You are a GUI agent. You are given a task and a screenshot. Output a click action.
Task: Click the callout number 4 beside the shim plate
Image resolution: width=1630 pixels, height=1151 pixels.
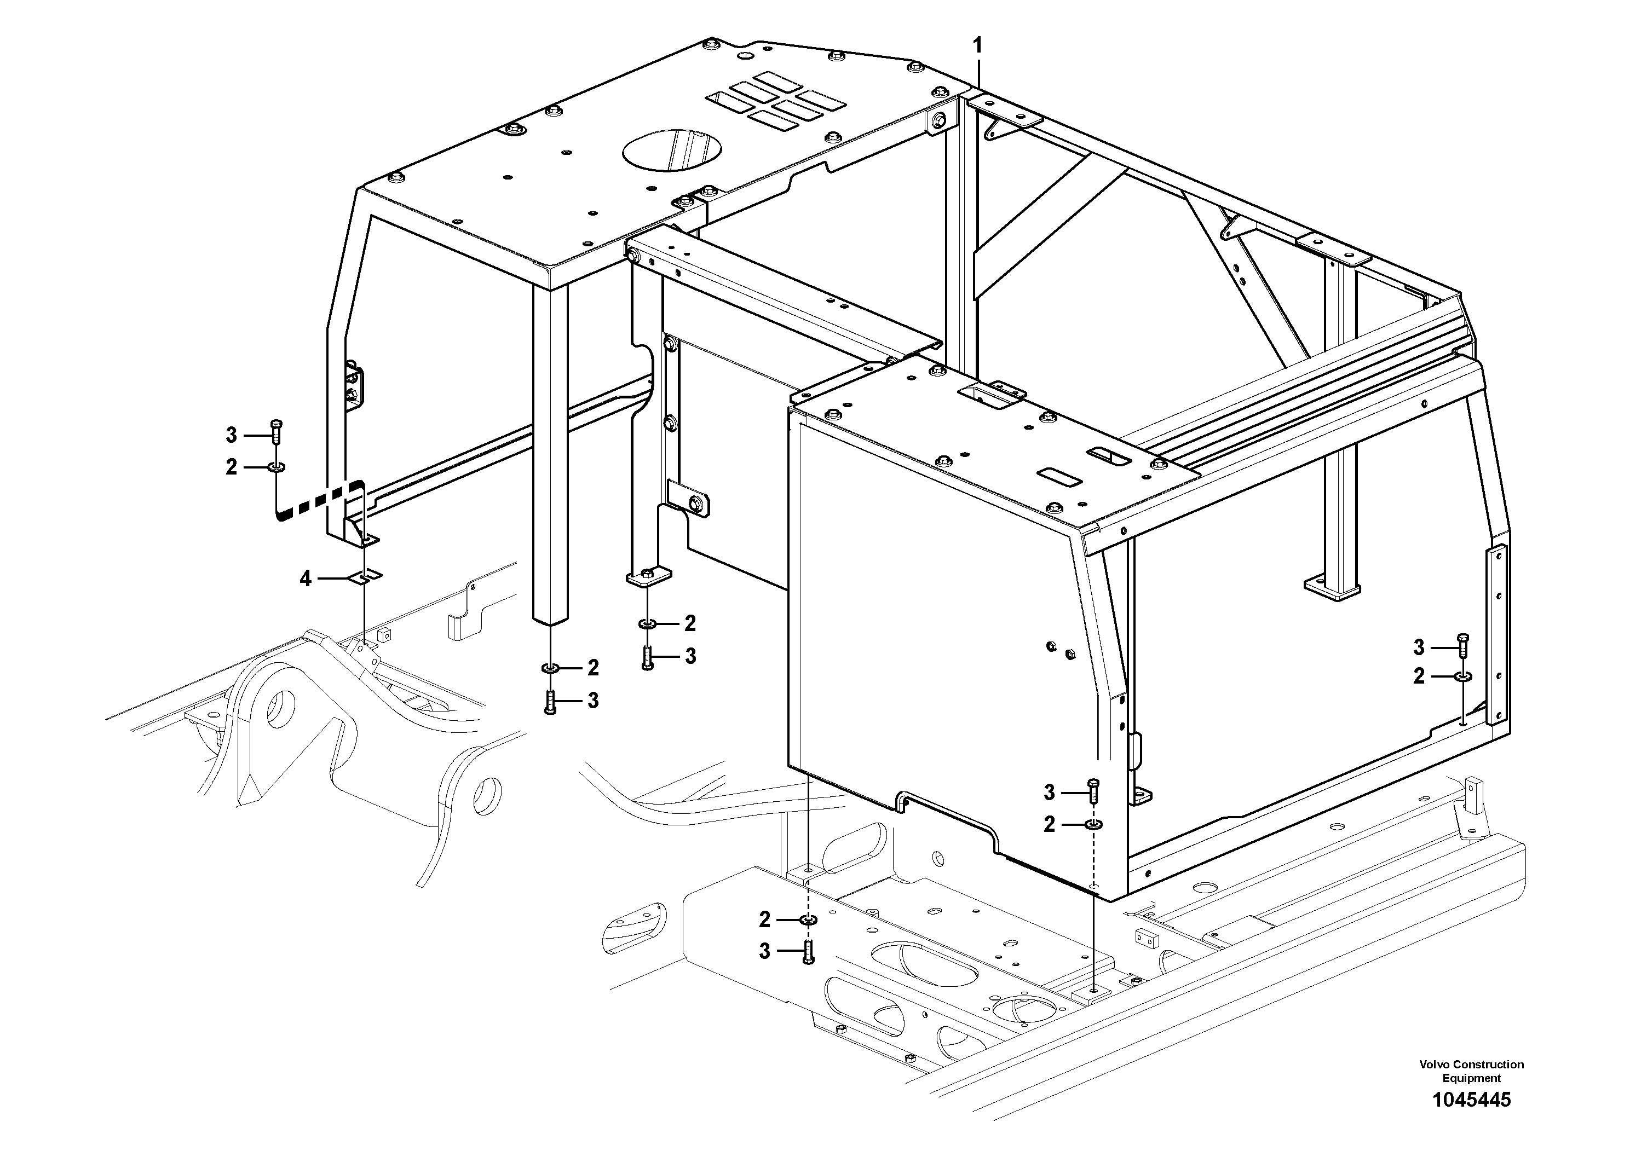pos(306,579)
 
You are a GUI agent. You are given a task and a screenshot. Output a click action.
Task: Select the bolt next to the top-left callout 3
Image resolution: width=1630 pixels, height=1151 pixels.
pos(277,430)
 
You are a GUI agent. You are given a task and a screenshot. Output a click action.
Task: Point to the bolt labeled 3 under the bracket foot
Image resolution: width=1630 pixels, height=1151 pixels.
pos(647,657)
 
